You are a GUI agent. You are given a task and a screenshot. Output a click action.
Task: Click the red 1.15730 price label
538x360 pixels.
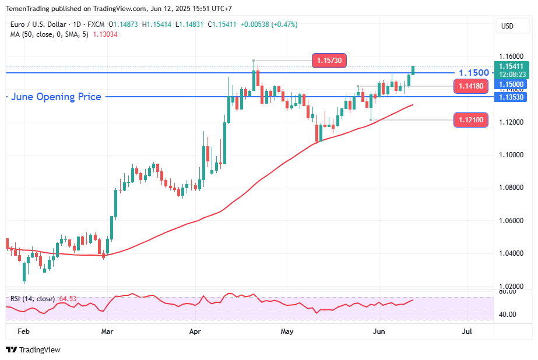pos(330,60)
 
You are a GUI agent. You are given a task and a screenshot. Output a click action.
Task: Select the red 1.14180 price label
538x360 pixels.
pos(470,87)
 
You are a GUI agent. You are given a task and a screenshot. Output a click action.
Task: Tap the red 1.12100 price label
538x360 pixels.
pos(470,120)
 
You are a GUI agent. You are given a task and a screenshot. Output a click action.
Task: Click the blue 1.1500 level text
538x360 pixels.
pos(474,73)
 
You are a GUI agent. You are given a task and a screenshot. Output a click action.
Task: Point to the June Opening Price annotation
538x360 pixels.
pos(56,97)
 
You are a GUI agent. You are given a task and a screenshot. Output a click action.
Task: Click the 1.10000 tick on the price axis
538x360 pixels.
pos(512,155)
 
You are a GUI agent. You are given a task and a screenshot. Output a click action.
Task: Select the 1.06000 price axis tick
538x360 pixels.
pos(512,221)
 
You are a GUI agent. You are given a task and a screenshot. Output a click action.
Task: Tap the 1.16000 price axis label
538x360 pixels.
pos(512,57)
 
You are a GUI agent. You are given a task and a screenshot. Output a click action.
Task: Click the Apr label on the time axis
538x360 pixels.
pos(195,331)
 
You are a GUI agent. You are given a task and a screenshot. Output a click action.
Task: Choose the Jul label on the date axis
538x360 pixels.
pos(466,331)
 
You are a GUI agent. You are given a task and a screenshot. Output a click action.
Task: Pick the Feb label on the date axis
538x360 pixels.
pos(24,331)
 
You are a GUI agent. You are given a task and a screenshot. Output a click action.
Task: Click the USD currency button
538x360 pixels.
pos(507,26)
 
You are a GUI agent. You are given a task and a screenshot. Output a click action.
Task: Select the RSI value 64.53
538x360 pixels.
pos(68,299)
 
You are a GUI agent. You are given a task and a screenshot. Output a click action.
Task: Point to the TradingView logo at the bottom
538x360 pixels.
pos(33,350)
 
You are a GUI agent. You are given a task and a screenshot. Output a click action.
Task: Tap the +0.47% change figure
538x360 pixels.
pos(284,24)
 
